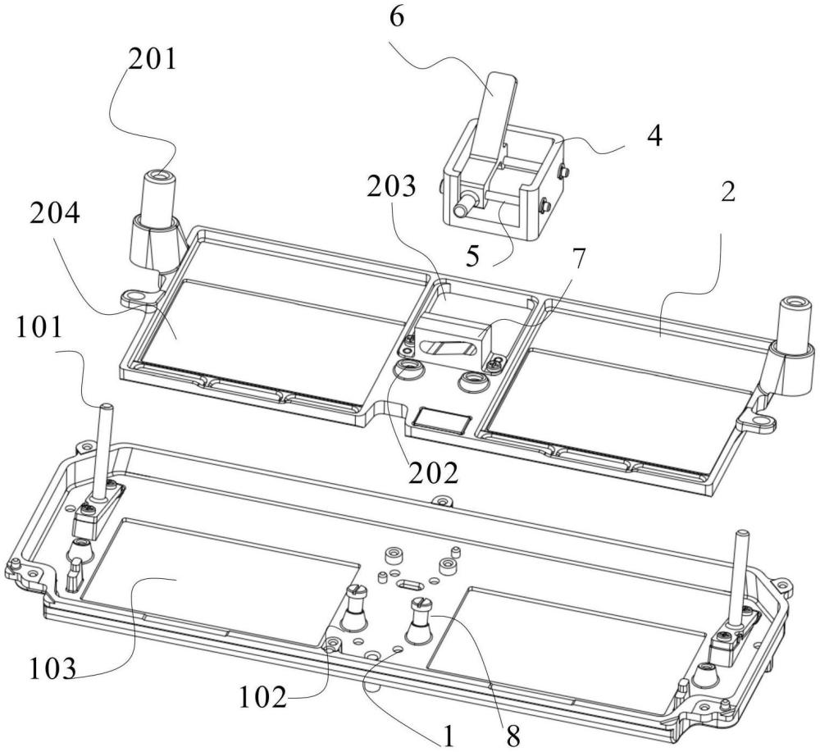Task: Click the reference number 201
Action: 153,60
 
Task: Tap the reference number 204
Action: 54,214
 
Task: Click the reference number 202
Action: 434,472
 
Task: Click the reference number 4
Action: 654,135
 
